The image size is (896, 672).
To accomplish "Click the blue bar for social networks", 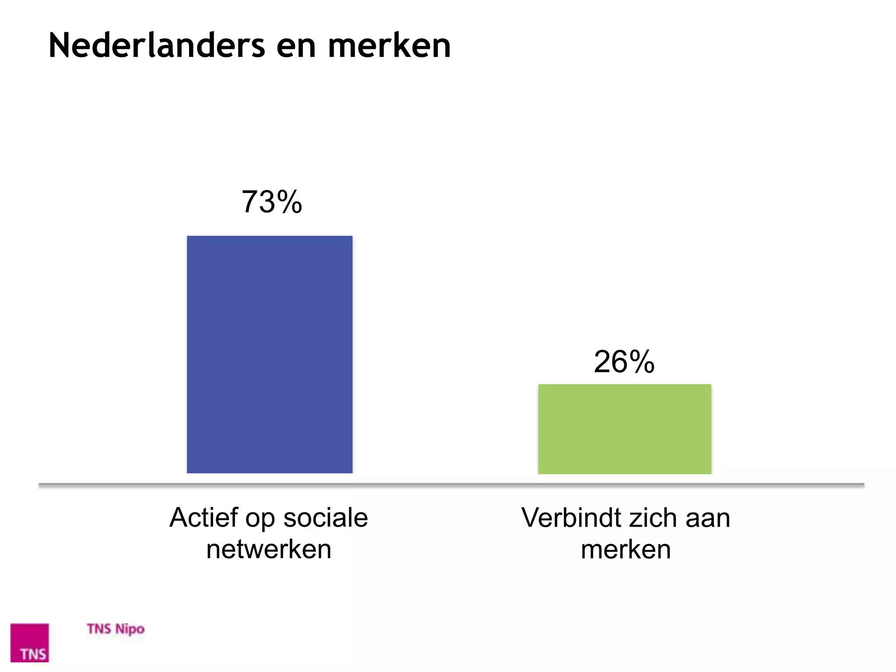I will [269, 354].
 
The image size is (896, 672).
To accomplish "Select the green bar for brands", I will [624, 429].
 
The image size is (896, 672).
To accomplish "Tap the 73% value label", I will [272, 202].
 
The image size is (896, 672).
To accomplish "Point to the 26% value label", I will [624, 362].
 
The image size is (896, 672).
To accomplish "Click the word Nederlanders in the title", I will [157, 45].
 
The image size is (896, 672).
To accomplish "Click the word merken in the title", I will [389, 45].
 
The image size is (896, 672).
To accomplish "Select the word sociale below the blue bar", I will [325, 518].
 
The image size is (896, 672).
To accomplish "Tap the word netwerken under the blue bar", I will [269, 549].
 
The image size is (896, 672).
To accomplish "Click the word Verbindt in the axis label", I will [571, 518].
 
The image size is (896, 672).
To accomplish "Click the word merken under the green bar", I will [626, 549].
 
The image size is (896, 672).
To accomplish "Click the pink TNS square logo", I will [30, 643].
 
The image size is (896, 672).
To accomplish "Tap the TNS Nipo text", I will [115, 629].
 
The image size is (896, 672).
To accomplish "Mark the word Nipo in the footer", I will [130, 630].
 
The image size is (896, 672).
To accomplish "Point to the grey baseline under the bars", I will [451, 484].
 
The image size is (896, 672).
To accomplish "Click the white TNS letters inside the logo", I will [33, 654].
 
